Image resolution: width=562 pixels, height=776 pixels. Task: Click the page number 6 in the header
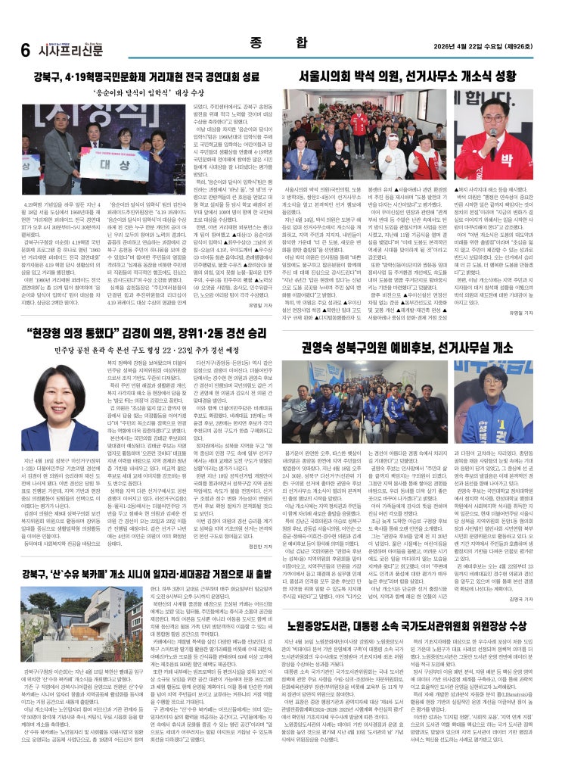pos(24,51)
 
